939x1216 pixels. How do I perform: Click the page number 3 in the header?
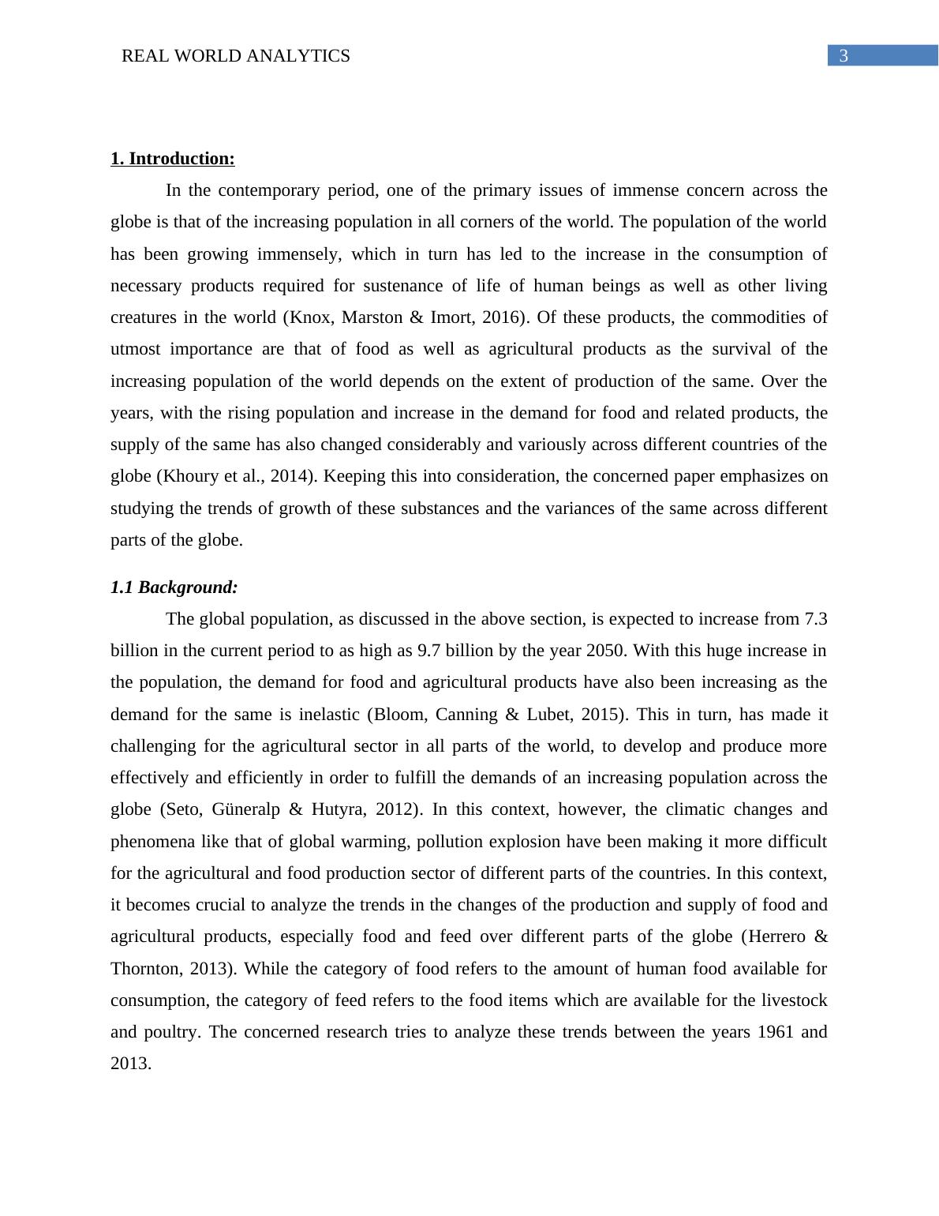(x=844, y=56)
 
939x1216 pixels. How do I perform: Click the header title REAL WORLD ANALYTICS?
(x=235, y=56)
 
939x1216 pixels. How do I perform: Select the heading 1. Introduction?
(x=172, y=159)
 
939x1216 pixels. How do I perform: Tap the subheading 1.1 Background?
(x=174, y=587)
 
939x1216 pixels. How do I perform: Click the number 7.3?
(x=815, y=619)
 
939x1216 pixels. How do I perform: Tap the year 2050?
(x=604, y=651)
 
